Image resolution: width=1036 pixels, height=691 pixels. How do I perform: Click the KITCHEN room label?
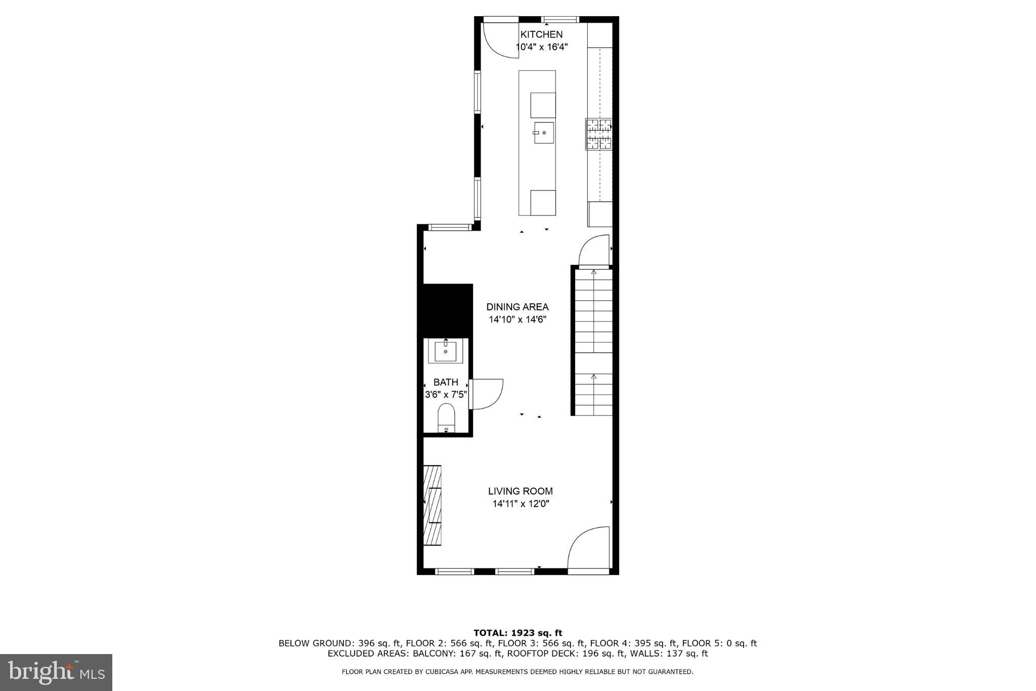tap(541, 34)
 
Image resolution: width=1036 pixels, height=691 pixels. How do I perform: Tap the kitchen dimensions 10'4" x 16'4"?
tap(541, 47)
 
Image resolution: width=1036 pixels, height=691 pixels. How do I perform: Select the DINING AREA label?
tap(517, 307)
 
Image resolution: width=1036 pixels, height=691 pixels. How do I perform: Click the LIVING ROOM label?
tap(520, 491)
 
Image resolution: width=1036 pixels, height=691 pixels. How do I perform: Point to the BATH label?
tap(446, 382)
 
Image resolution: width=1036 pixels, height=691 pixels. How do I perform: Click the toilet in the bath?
tap(446, 418)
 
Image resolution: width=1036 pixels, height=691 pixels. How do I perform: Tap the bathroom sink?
tap(446, 351)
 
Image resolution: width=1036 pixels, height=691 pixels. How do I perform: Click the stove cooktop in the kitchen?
tap(598, 134)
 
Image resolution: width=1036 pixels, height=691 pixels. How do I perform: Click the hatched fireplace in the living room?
tap(433, 505)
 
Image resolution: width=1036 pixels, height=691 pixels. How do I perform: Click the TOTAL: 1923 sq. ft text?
tap(517, 633)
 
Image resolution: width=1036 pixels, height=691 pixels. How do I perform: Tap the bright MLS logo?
tap(56, 672)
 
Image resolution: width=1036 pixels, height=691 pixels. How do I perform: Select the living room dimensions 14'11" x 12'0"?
tap(521, 504)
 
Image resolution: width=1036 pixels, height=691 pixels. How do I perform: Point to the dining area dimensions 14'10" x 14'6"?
tap(517, 320)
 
